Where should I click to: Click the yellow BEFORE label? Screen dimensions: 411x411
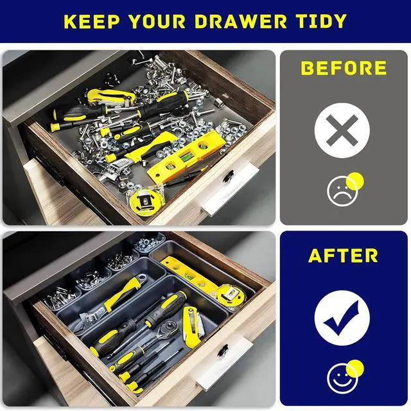pyautogui.click(x=344, y=69)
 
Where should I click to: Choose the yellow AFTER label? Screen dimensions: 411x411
pyautogui.click(x=344, y=256)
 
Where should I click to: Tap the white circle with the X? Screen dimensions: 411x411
pyautogui.click(x=342, y=133)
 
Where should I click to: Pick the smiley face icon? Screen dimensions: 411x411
pyautogui.click(x=342, y=377)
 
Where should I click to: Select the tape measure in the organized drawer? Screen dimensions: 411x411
pyautogui.click(x=229, y=296)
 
